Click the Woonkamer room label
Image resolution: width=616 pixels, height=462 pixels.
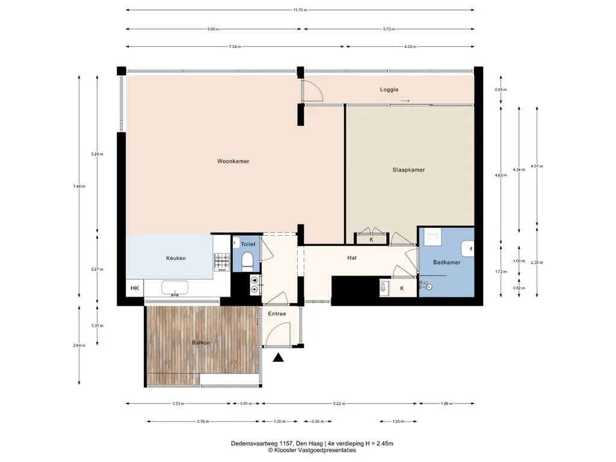pyautogui.click(x=233, y=161)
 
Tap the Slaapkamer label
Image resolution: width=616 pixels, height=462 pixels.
pyautogui.click(x=408, y=170)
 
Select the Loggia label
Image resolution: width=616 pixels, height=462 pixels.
pyautogui.click(x=389, y=90)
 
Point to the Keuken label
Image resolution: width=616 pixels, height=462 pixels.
pyautogui.click(x=176, y=258)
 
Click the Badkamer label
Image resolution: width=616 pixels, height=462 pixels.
pyautogui.click(x=447, y=262)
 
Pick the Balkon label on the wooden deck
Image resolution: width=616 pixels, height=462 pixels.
pyautogui.click(x=201, y=342)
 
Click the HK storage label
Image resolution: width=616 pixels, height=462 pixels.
pyautogui.click(x=135, y=288)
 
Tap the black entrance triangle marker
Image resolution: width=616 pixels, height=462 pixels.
pyautogui.click(x=279, y=357)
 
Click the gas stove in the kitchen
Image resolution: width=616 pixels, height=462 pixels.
pyautogui.click(x=221, y=262)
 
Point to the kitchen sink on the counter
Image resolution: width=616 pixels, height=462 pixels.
pyautogui.click(x=174, y=288)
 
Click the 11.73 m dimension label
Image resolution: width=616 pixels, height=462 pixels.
pyautogui.click(x=300, y=10)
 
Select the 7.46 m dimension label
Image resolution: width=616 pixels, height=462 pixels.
pyautogui.click(x=79, y=186)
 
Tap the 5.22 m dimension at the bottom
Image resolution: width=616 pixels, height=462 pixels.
pyautogui.click(x=339, y=404)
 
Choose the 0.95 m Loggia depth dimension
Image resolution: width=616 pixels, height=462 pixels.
pyautogui.click(x=501, y=90)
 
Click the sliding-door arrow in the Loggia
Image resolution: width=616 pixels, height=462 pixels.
pyautogui.click(x=405, y=101)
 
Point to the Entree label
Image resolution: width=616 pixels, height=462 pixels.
pyautogui.click(x=277, y=313)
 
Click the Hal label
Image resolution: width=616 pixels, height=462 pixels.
pyautogui.click(x=351, y=257)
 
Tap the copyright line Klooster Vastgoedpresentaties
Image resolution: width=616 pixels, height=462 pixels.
pyautogui.click(x=312, y=450)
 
